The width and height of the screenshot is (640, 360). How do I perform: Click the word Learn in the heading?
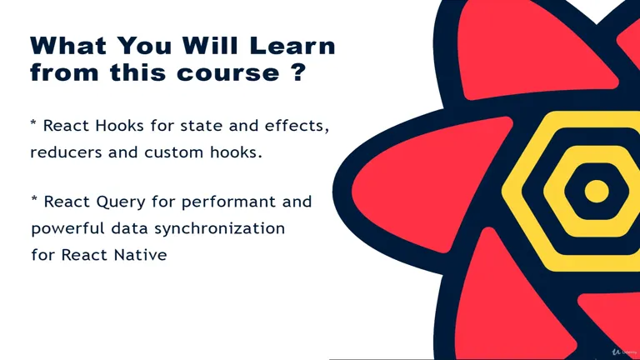tap(292, 45)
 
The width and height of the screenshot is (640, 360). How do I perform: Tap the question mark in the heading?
tap(299, 72)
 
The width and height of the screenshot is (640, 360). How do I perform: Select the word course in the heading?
tap(228, 73)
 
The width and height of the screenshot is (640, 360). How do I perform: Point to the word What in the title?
tap(68, 45)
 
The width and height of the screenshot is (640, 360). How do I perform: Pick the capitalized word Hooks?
tap(119, 126)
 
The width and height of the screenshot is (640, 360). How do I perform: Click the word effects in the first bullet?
tap(297, 126)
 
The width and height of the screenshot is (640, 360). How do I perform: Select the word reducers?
tap(66, 152)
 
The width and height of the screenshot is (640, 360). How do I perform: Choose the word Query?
tap(121, 202)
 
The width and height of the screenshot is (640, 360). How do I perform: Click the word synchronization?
tap(220, 228)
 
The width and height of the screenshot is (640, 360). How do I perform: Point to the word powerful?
tap(67, 228)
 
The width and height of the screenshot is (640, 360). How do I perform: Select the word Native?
tap(140, 255)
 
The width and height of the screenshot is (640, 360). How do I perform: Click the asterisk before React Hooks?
tap(33, 123)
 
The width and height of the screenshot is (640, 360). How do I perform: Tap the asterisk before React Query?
tap(35, 199)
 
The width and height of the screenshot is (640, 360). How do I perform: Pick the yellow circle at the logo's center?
tap(597, 191)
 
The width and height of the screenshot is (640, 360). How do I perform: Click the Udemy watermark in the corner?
tap(624, 352)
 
